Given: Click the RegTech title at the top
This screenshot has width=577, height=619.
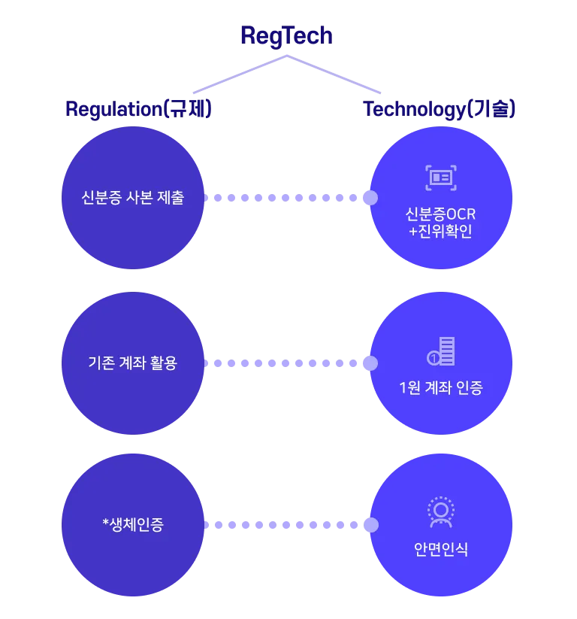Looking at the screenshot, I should tap(286, 35).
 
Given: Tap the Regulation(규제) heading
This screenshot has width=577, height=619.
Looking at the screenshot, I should tap(139, 109).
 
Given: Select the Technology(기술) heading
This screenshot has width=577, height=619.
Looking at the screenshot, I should tap(440, 110).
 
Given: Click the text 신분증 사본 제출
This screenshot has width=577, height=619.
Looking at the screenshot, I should tap(132, 199).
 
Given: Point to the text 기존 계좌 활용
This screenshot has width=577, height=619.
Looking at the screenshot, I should tap(132, 363).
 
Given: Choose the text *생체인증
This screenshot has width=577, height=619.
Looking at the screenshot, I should tap(132, 524).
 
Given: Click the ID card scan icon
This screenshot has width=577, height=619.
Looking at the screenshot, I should tap(440, 178).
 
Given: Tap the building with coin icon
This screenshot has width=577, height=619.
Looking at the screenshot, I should tap(441, 352).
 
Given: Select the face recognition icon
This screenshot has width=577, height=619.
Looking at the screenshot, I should tap(440, 512).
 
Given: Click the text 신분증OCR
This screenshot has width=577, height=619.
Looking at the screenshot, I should tap(440, 214).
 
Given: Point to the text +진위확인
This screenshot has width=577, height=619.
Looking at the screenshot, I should tap(440, 232).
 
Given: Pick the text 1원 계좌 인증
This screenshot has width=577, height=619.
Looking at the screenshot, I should tap(440, 388).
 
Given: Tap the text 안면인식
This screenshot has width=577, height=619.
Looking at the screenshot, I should tap(440, 549).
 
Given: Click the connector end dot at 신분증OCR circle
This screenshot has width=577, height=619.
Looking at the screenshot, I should tap(370, 198).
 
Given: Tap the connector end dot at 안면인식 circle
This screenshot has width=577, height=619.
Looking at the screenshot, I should tap(370, 524).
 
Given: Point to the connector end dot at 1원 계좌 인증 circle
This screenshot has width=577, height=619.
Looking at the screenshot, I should tap(370, 363).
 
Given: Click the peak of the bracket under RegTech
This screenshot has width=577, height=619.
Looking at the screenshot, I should tap(286, 57).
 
